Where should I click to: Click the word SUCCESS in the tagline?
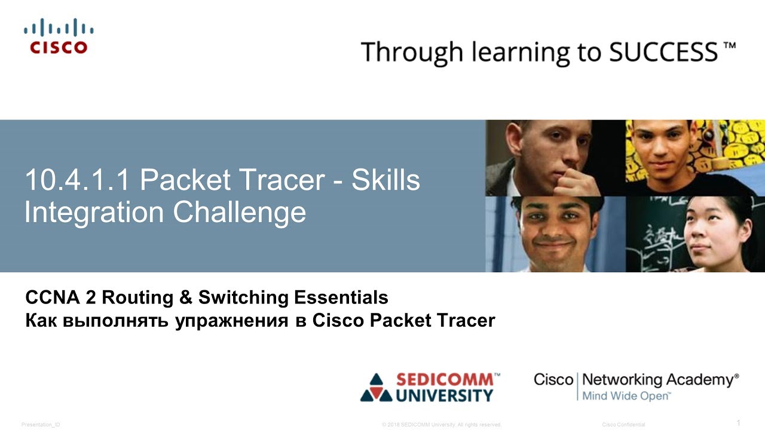tap(663, 52)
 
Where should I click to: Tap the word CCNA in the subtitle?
tap(47, 297)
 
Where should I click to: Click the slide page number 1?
tap(738, 423)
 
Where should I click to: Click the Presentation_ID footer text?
tap(41, 425)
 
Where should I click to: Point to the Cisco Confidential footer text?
tap(623, 425)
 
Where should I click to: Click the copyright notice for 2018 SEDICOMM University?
tap(441, 425)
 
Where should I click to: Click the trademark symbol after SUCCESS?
tap(729, 45)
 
